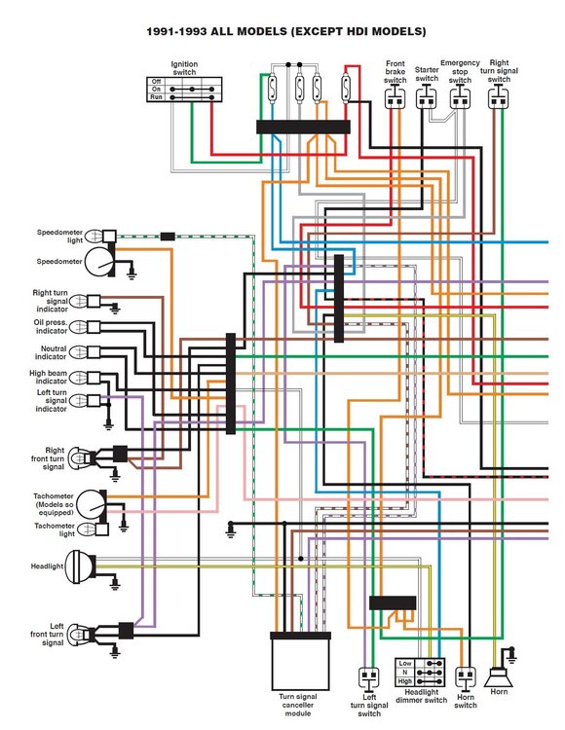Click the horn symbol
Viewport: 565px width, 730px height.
tap(498, 677)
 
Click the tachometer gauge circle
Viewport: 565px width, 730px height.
tap(92, 504)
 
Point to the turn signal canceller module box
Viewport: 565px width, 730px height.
tap(300, 661)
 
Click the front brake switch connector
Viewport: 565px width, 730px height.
tap(395, 99)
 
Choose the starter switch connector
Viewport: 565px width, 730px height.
tap(427, 99)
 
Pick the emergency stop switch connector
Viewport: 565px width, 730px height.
tap(460, 99)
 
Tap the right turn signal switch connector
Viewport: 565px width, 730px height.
tap(498, 99)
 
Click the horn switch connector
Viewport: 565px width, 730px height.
tap(465, 677)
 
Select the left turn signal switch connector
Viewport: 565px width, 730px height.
tap(368, 677)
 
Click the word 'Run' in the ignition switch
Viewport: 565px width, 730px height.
tap(156, 96)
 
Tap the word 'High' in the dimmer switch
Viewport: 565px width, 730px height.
tap(404, 681)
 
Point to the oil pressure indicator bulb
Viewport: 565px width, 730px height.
tap(80, 327)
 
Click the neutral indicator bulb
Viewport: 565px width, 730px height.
tap(80, 352)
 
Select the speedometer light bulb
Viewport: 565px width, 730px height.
tap(94, 237)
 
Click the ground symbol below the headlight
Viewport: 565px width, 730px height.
tap(115, 585)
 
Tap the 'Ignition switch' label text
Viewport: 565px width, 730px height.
tap(184, 68)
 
